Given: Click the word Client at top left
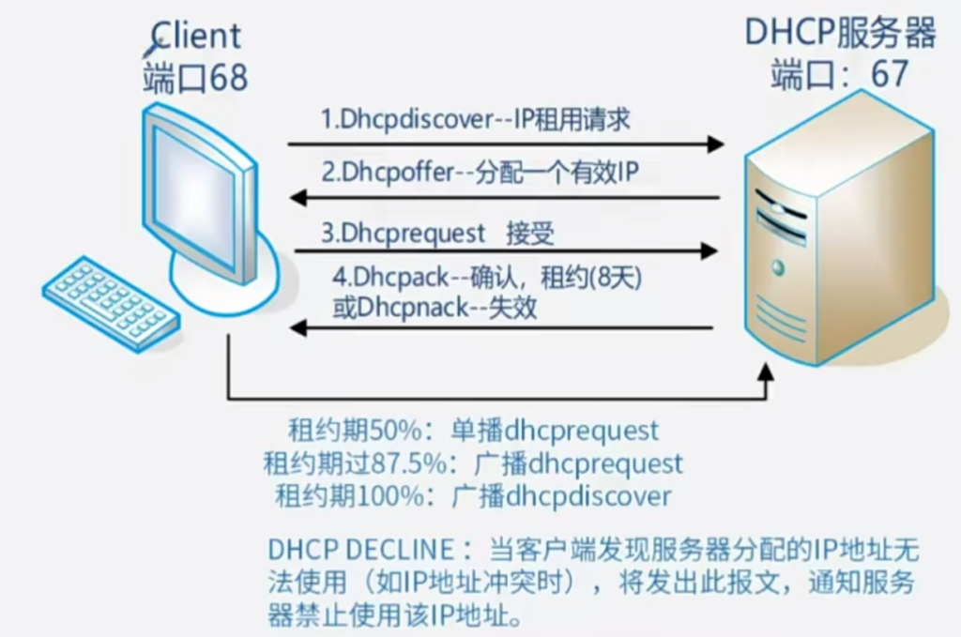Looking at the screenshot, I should point(195,36).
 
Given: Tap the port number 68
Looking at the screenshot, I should point(228,78).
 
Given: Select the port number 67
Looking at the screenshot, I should point(890,74).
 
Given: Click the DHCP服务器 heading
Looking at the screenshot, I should point(840,33).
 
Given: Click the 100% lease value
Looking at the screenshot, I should point(406,495).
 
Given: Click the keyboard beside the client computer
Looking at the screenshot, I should point(111,302).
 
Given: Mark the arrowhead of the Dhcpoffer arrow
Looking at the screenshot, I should point(297,198).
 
